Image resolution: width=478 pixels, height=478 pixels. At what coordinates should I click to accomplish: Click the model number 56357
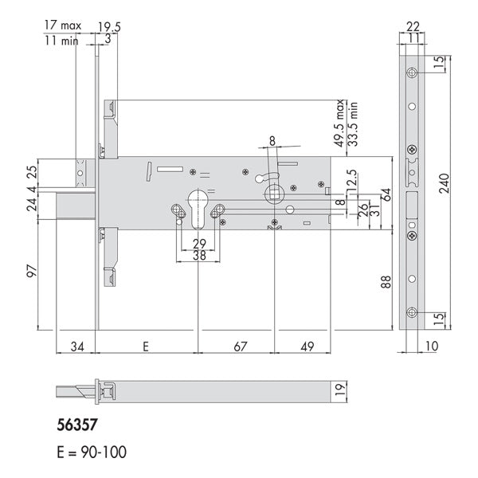(x=76, y=425)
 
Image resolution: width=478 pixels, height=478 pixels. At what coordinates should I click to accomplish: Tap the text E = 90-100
(x=92, y=452)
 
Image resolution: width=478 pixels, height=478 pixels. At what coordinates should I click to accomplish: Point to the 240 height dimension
(x=445, y=183)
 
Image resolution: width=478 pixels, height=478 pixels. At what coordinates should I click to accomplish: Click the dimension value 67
(x=240, y=347)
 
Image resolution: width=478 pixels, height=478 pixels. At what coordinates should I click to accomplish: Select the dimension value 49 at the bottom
(x=307, y=347)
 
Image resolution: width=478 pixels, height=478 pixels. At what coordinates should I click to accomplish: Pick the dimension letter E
(x=146, y=347)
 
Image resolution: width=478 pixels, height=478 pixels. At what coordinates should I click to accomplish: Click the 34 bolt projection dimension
(x=77, y=347)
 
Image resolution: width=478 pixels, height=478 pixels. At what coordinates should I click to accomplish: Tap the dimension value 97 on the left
(x=32, y=271)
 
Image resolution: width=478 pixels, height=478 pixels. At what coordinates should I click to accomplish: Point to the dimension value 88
(x=386, y=282)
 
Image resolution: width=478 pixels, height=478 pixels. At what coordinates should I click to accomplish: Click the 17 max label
(x=63, y=25)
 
